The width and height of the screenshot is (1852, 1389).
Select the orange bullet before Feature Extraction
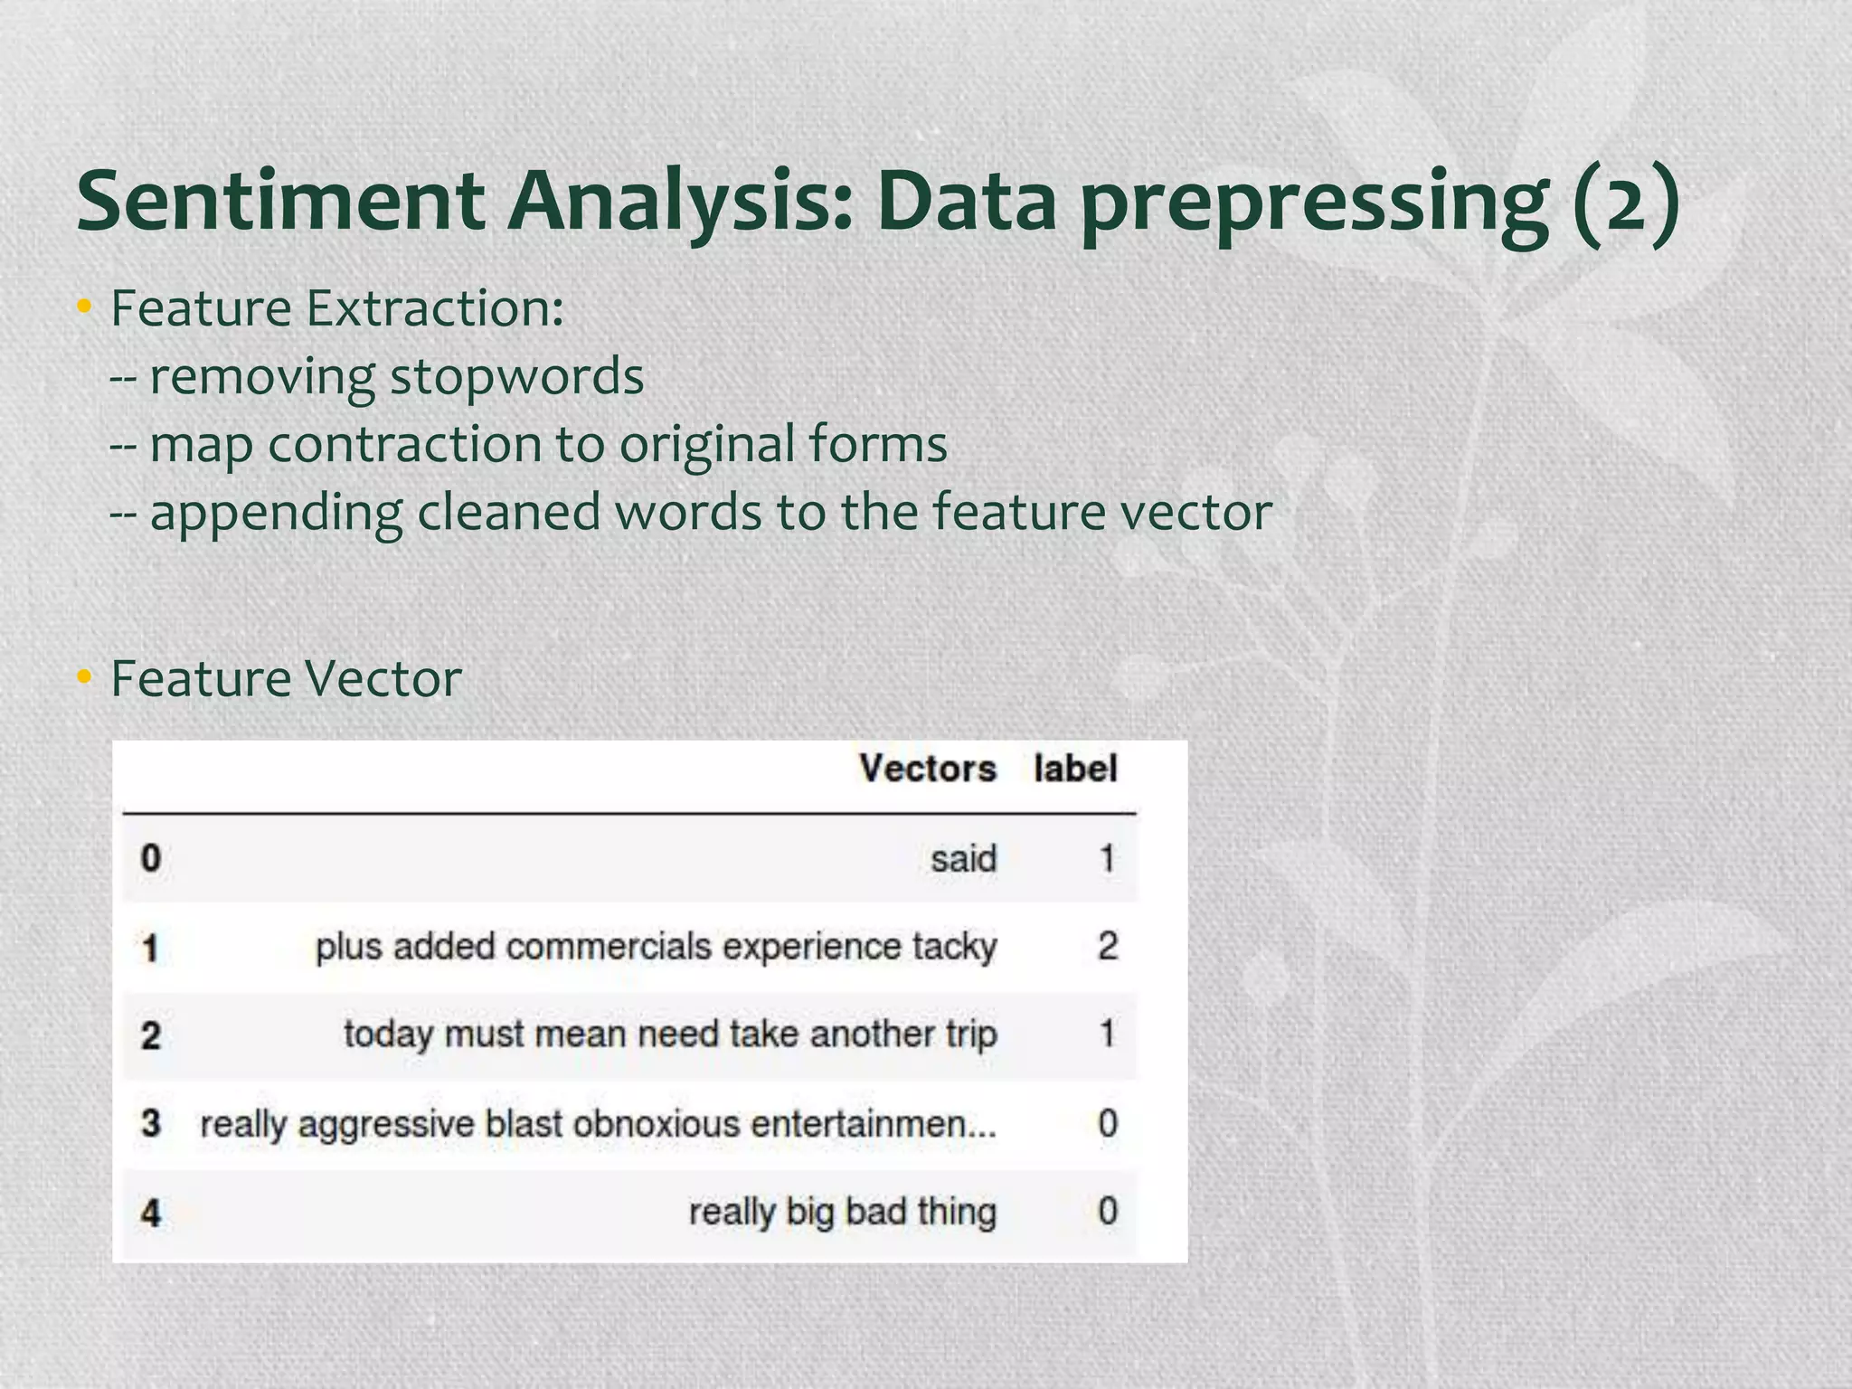(84, 307)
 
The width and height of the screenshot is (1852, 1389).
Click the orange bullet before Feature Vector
(84, 677)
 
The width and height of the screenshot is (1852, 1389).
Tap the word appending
(276, 513)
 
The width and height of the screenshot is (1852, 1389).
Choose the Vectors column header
(927, 769)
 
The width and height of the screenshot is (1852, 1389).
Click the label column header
(1075, 769)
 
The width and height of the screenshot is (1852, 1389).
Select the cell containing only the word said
(963, 858)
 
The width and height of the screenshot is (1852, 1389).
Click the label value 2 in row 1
(1108, 946)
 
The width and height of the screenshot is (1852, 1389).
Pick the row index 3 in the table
(151, 1123)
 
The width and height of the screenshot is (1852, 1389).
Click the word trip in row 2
(971, 1034)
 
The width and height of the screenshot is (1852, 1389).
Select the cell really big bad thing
(842, 1211)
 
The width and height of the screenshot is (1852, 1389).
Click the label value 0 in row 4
(1108, 1211)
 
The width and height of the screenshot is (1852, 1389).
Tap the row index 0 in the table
(151, 858)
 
